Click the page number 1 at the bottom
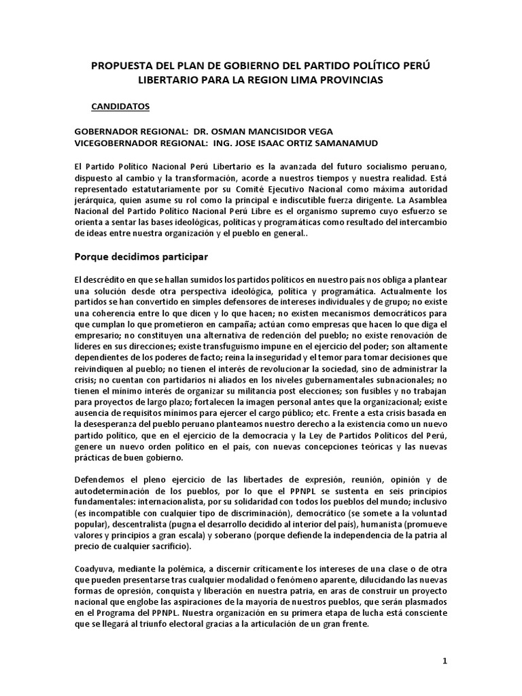click(x=445, y=661)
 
